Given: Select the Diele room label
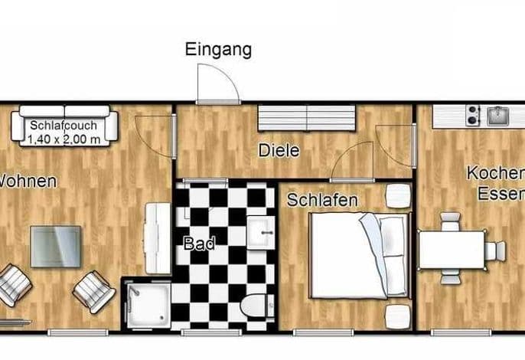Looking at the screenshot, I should [278, 151].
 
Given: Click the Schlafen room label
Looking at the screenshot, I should [322, 200].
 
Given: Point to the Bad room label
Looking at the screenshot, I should [198, 244].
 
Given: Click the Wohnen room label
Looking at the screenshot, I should [27, 182].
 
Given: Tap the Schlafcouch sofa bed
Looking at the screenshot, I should [64, 125].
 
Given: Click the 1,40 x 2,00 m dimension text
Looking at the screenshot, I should [64, 139].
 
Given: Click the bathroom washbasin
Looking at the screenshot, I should [260, 229].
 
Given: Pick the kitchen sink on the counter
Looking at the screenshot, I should [498, 116].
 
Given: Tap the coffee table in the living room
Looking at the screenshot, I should [55, 245].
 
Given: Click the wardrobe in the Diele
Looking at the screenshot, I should [306, 119].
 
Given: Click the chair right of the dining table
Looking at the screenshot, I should [497, 250].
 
